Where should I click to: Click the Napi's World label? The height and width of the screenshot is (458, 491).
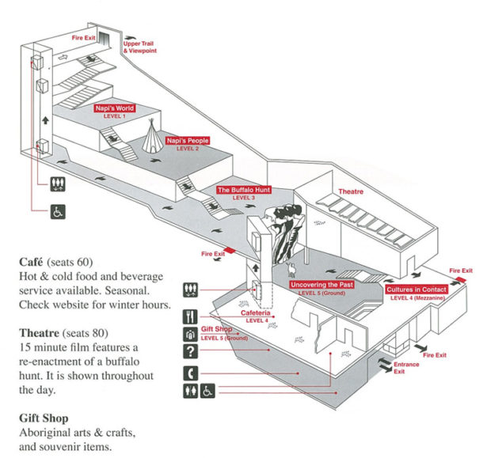[115, 109]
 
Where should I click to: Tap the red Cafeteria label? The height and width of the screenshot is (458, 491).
[257, 314]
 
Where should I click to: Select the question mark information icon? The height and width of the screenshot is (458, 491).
[190, 352]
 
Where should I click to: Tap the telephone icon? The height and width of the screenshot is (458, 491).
[190, 372]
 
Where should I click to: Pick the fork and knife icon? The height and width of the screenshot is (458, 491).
[190, 315]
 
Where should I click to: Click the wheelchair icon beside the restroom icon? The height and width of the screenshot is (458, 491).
[206, 391]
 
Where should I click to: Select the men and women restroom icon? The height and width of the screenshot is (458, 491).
[190, 391]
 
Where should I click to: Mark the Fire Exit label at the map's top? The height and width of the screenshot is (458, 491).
[83, 37]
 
